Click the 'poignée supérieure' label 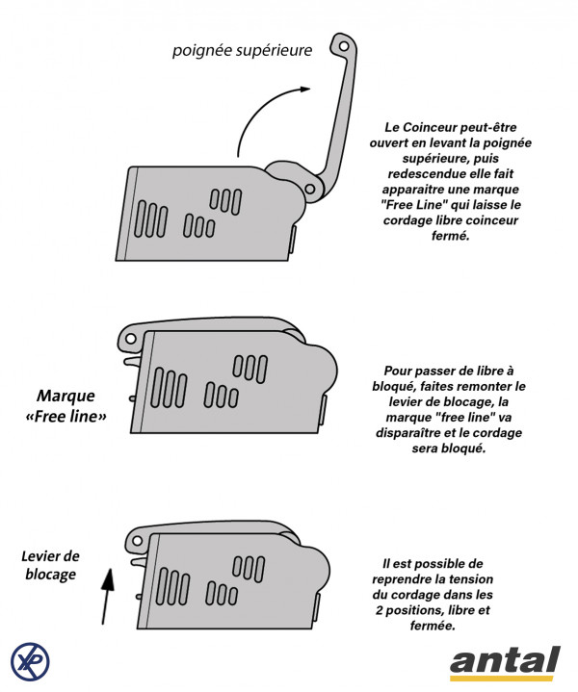242,50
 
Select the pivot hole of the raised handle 310,187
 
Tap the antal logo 504,662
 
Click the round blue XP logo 31,661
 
